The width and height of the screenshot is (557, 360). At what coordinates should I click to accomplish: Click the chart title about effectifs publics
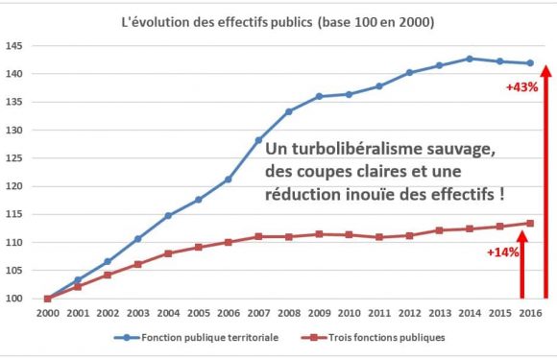[278, 21]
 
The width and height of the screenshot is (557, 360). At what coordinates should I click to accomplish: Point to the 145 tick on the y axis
[14, 46]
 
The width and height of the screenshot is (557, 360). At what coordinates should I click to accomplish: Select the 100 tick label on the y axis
[14, 299]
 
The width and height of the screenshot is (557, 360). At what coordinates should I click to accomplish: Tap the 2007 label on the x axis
[258, 313]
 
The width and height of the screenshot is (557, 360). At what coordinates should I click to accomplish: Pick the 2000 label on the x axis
[47, 313]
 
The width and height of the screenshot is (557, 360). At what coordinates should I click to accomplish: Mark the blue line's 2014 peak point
[470, 59]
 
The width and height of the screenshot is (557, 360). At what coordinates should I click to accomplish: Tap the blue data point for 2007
[258, 140]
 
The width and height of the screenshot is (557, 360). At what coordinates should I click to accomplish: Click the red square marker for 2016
[530, 224]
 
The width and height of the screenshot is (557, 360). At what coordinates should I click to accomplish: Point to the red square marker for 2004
[168, 253]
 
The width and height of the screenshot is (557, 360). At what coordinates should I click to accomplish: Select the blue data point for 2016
[530, 63]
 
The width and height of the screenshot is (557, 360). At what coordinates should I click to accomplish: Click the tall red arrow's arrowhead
[546, 69]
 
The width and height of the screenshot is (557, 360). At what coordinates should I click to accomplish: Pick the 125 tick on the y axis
[14, 158]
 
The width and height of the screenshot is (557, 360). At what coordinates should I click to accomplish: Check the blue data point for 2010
[349, 94]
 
